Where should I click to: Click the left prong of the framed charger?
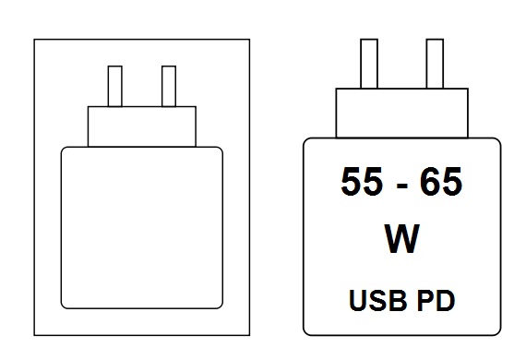(x=115, y=86)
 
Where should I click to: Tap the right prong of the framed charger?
(x=168, y=86)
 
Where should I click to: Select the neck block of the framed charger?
(x=142, y=126)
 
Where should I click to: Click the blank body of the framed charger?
(x=141, y=227)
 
